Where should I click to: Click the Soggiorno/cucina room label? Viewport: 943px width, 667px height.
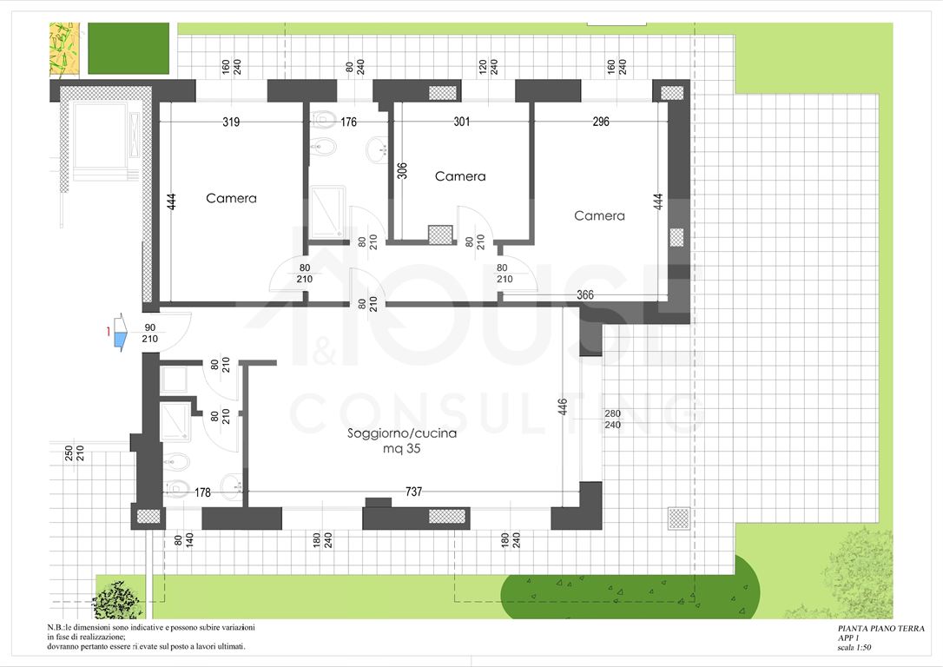(402, 433)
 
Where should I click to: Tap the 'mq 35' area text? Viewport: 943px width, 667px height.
(402, 449)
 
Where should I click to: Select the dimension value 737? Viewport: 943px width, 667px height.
(414, 492)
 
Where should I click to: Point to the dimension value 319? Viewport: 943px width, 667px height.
(231, 122)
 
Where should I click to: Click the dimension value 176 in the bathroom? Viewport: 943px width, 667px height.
(349, 122)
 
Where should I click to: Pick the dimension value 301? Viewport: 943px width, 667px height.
(461, 122)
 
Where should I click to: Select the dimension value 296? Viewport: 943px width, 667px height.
(601, 122)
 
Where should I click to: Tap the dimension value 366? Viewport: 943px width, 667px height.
(585, 294)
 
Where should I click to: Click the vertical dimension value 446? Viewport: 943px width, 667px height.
(563, 407)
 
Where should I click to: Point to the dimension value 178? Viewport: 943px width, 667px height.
(202, 492)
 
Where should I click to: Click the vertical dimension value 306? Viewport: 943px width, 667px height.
(402, 171)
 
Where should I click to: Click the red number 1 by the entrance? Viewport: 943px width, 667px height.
(109, 331)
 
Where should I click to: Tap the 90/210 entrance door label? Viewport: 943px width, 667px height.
(149, 333)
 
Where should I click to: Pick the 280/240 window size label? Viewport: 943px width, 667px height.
(612, 419)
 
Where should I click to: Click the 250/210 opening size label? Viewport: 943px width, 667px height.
(75, 453)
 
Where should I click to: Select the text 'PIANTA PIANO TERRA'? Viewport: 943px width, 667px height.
(881, 629)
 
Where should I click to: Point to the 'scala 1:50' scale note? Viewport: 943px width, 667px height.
(854, 648)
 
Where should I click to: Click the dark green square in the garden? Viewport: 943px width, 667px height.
(129, 49)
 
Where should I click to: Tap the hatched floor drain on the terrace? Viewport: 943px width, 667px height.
(678, 518)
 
